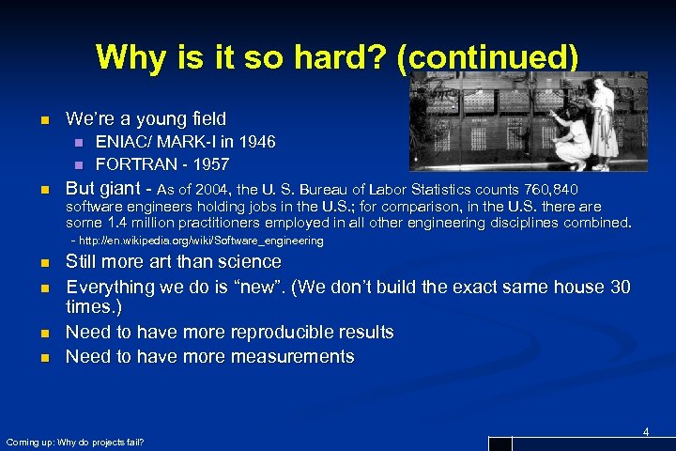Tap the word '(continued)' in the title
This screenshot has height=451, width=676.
(487, 58)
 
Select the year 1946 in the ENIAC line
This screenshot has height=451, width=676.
(256, 143)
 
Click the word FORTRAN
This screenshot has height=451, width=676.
(131, 164)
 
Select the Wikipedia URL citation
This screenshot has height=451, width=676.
(197, 241)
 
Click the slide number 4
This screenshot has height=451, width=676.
(646, 431)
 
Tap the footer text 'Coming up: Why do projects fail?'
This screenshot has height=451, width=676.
(75, 442)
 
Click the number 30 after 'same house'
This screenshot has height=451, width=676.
(620, 287)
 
